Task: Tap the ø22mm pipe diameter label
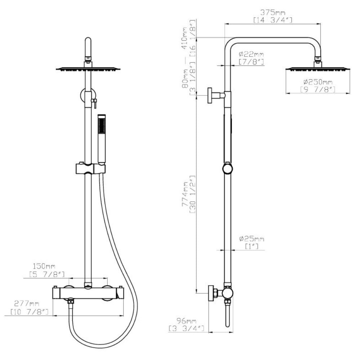(251, 54)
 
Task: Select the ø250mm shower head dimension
(318, 82)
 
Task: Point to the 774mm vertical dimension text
(185, 194)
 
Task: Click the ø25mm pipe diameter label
(251, 239)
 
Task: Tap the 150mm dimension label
(44, 266)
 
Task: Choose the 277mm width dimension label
(27, 303)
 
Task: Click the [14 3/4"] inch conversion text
(273, 20)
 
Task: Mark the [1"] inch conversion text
(251, 247)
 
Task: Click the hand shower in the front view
(102, 139)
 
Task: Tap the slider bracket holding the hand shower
(90, 169)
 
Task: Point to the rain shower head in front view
(88, 68)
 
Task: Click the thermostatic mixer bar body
(88, 293)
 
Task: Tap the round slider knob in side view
(228, 169)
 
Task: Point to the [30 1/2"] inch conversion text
(192, 194)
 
